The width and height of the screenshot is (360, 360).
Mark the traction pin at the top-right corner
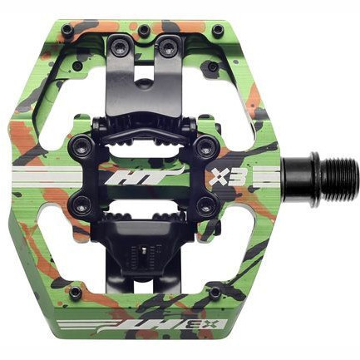[219, 31]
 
